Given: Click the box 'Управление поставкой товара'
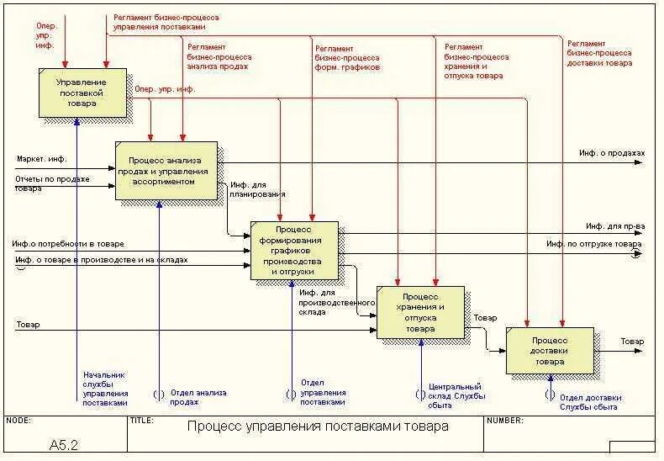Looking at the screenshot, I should pos(82,93).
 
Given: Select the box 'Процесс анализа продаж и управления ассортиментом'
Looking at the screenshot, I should pos(166,170).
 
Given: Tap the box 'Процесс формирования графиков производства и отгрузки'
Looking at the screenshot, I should pos(294,251).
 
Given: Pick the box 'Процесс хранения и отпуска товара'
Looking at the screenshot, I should pos(420,312).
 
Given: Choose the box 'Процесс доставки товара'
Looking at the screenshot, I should pos(550,350).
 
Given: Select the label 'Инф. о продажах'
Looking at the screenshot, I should pos(611,153).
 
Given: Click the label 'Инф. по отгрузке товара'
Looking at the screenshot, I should pos(593,244).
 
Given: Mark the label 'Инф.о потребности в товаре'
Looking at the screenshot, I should pos(73,243).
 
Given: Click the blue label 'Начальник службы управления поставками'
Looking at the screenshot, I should pos(105,389).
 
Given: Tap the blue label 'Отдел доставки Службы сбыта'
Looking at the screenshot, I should pos(590,402).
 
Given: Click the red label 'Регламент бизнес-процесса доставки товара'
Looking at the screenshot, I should pos(599,53).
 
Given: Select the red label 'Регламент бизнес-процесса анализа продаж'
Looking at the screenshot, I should pos(219,56).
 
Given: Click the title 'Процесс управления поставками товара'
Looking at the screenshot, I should pos(318,427).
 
